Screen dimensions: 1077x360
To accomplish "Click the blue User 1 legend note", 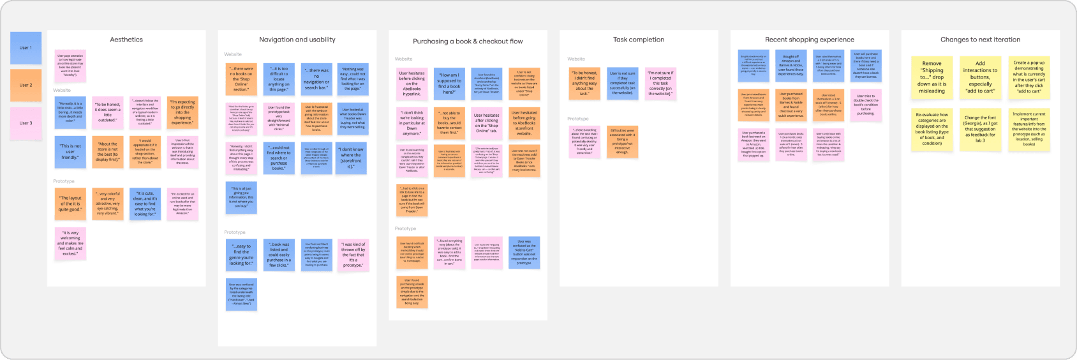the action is (26, 48).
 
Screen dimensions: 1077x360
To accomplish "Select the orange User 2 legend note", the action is (26, 85).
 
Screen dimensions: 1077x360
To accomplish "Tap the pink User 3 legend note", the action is (26, 123).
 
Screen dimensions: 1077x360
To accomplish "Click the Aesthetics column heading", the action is (126, 40).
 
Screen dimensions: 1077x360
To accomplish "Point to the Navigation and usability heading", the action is (297, 40).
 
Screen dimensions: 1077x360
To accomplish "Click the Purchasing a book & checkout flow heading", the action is (468, 41).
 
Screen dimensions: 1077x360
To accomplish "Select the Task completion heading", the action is (639, 40).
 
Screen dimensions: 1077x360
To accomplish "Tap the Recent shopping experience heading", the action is (809, 40).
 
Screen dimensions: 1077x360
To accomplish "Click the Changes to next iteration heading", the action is (980, 40).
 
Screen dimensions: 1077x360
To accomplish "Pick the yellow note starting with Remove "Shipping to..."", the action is (932, 77).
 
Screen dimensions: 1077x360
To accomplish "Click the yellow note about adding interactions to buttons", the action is (980, 77).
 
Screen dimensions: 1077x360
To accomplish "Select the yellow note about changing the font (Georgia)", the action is (980, 130).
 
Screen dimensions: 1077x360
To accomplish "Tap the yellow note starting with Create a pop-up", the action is (1029, 77).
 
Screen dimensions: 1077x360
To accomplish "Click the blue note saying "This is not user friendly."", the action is (70, 152).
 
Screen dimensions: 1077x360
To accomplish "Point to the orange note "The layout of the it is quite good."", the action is (70, 204).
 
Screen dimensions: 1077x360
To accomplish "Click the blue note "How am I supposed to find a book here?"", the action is (449, 84).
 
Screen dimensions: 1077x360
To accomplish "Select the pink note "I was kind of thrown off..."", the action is (353, 255).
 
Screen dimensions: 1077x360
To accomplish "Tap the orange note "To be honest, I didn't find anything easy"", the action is (584, 84).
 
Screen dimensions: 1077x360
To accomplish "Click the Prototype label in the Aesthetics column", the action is (64, 181).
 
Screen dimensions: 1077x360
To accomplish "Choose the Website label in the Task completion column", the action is (576, 59).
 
